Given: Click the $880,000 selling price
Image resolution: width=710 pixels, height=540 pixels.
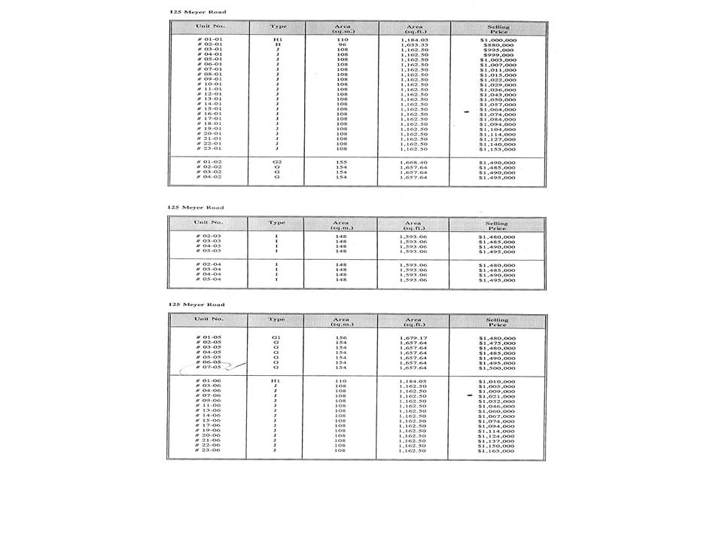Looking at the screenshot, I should (x=497, y=45).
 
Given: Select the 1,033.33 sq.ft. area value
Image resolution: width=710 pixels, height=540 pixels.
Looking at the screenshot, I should (x=413, y=45).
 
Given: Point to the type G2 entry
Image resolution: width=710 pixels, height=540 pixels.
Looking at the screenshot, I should (x=276, y=162).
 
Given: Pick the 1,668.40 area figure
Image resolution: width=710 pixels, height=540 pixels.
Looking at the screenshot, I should (x=413, y=162).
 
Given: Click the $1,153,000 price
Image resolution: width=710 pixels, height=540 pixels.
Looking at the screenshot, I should (x=497, y=149).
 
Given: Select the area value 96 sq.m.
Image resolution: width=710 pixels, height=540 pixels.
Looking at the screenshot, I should (x=341, y=45).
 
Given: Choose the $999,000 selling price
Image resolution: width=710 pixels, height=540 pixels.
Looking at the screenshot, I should (x=497, y=55).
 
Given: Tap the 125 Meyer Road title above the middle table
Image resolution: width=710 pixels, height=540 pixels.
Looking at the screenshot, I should (x=195, y=207).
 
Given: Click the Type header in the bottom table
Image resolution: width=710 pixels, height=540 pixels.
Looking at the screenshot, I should (x=276, y=319).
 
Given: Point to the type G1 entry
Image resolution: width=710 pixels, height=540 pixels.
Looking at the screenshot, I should (x=276, y=338).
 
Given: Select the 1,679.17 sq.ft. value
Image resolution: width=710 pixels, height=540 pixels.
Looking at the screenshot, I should (x=413, y=338).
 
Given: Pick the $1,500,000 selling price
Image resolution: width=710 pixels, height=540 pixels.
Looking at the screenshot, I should (x=497, y=368).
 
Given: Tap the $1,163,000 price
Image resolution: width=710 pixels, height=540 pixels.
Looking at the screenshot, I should (x=497, y=450).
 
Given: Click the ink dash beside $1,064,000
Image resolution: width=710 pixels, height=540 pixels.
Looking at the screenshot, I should (x=468, y=110).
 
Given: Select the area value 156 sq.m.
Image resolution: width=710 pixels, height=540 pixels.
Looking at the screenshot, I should (x=341, y=338).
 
